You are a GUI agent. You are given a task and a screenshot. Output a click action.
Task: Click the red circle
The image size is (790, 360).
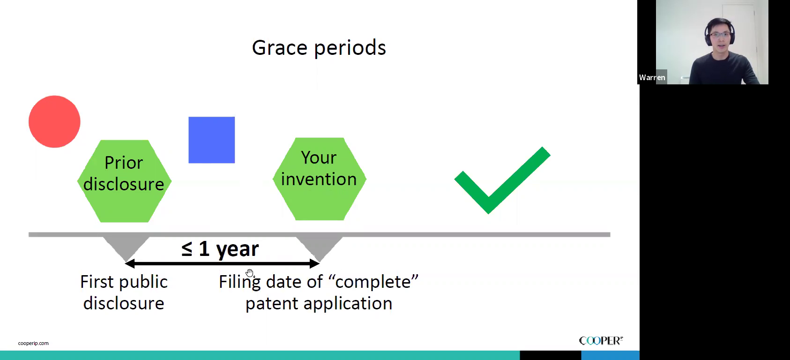tap(54, 121)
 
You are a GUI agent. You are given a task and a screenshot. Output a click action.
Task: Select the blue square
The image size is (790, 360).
tap(212, 140)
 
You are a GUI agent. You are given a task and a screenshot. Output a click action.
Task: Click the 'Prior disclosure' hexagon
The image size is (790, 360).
tap(124, 181)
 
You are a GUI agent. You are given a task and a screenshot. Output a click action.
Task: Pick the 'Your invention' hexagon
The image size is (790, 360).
tap(320, 179)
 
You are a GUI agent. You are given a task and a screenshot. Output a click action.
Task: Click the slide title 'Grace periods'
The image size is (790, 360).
tap(319, 48)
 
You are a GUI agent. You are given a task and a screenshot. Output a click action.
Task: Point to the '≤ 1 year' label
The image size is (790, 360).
tap(220, 248)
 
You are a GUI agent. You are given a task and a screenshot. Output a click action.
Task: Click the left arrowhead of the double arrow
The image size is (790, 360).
tap(129, 263)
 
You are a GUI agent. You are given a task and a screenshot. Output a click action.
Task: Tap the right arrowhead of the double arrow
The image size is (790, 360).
tap(314, 263)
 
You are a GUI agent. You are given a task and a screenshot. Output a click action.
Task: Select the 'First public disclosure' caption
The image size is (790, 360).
tap(124, 292)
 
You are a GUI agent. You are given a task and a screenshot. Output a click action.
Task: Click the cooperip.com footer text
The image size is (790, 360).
tap(33, 343)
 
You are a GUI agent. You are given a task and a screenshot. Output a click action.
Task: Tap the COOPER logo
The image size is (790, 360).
tap(601, 341)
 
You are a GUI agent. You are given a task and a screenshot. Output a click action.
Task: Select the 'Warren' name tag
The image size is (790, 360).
tap(652, 77)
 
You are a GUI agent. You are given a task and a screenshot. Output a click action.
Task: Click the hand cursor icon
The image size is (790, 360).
tap(250, 273)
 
